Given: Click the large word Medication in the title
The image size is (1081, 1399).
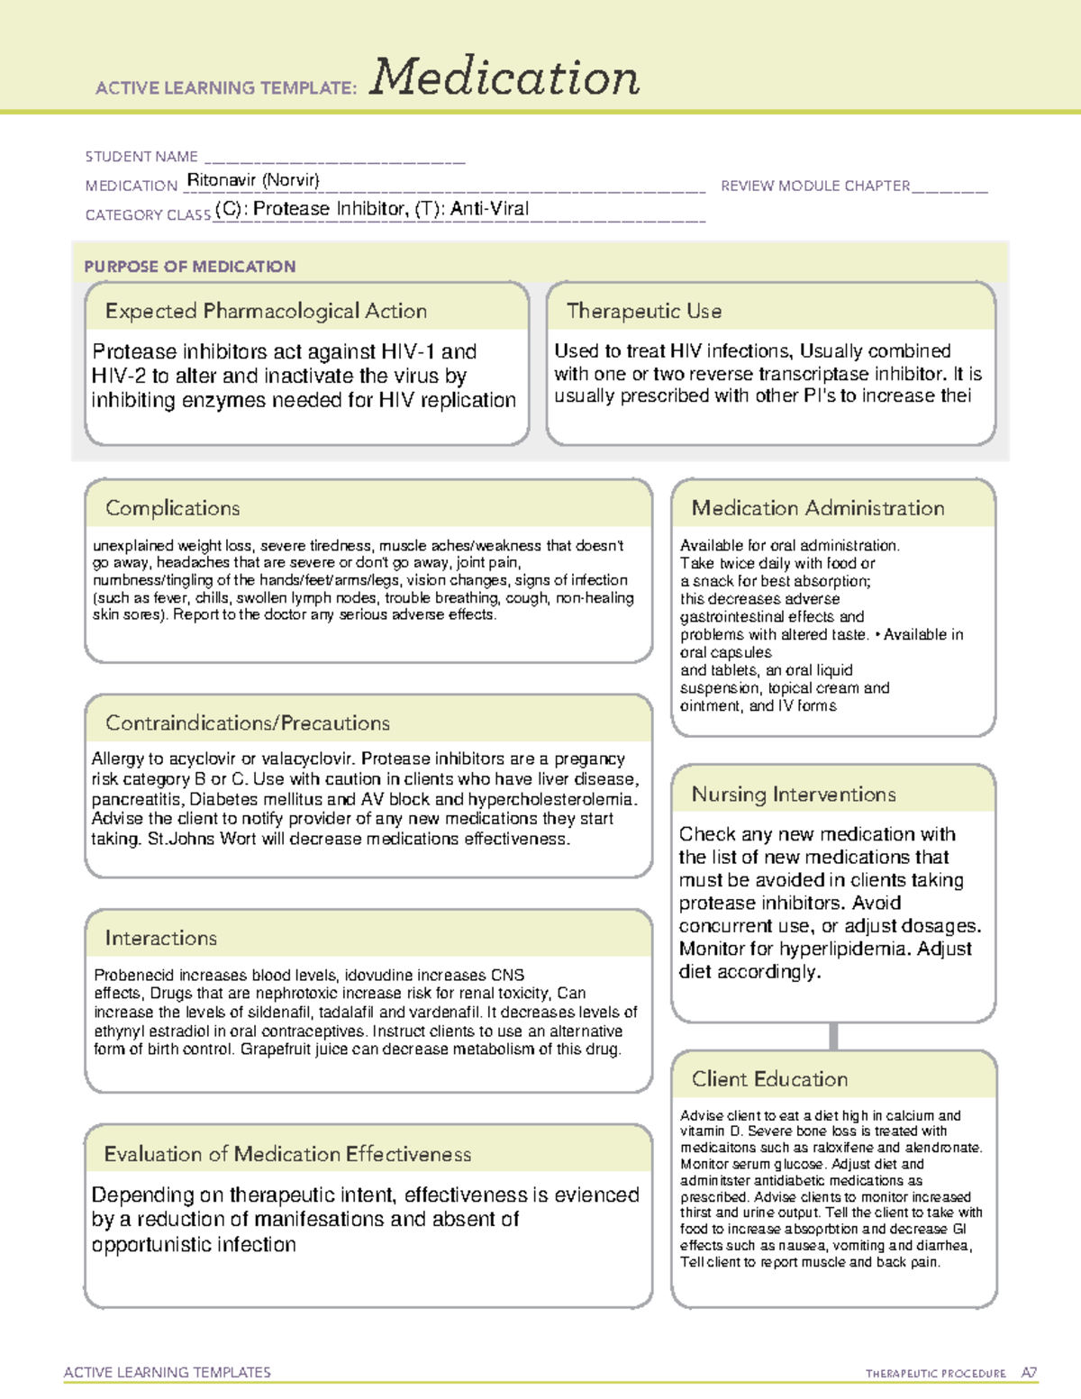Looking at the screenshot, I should (x=504, y=77).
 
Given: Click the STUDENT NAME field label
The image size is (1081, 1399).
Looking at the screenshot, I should (x=141, y=157).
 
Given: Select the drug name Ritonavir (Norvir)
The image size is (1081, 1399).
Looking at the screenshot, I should (x=253, y=180).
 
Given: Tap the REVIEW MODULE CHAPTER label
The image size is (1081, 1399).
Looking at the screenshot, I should (x=815, y=186).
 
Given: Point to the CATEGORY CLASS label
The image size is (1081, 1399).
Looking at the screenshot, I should (x=148, y=215).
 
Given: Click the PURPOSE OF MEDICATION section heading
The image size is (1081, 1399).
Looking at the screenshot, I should (x=190, y=267).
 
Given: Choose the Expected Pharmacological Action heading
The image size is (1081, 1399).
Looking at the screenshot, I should (x=266, y=311).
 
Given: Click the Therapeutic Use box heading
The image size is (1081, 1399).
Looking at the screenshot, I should (x=644, y=311).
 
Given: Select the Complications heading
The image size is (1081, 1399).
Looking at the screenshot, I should (x=173, y=508).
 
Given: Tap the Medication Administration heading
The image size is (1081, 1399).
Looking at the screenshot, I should (x=818, y=508).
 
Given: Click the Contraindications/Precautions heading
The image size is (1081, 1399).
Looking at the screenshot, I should (x=248, y=723).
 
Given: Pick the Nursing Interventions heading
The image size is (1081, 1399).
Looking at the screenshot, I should (x=794, y=795).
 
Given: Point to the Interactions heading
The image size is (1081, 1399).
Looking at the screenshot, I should (x=161, y=939).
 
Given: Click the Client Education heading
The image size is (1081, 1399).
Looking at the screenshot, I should (x=769, y=1079).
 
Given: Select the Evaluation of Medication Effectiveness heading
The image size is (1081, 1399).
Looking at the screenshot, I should (x=287, y=1154).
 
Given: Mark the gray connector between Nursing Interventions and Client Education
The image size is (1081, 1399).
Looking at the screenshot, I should (x=833, y=1036).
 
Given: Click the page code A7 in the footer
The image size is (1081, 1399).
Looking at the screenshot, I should (x=1029, y=1373).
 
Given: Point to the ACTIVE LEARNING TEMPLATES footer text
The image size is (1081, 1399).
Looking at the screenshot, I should (x=168, y=1372).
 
